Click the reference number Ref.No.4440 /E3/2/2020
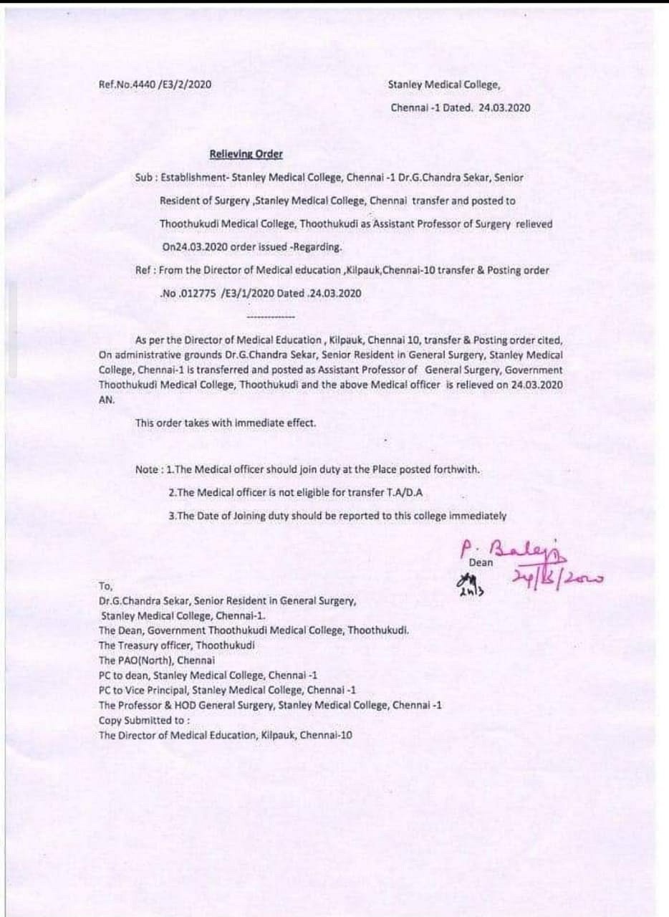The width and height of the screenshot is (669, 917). point(155,85)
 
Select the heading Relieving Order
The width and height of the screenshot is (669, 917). point(246,154)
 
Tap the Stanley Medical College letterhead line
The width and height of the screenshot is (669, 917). point(444,85)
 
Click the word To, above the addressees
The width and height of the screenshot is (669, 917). point(106,605)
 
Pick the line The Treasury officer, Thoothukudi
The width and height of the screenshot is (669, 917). point(177,645)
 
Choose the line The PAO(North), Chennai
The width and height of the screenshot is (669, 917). point(156,660)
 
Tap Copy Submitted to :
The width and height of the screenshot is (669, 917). point(145,720)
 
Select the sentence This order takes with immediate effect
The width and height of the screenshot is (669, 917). point(226,423)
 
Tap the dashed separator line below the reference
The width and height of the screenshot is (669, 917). point(270,315)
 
